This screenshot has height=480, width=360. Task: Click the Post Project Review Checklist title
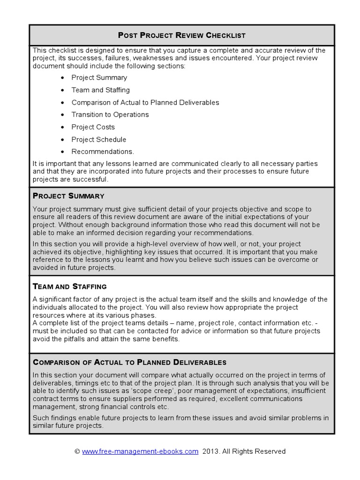pyautogui.click(x=181, y=35)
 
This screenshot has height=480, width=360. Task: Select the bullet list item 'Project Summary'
pyautogui.click(x=99, y=78)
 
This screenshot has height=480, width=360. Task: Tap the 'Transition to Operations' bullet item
pyautogui.click(x=110, y=114)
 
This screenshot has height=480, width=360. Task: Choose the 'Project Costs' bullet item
pyautogui.click(x=93, y=127)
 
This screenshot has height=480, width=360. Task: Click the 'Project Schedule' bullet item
pyautogui.click(x=98, y=139)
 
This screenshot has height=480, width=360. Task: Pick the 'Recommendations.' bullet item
pyautogui.click(x=103, y=151)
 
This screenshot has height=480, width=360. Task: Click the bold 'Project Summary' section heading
pyautogui.click(x=68, y=195)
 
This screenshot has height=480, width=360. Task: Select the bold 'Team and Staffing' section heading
pyautogui.click(x=69, y=286)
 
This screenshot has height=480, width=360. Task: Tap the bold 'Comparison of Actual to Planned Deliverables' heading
pyautogui.click(x=129, y=362)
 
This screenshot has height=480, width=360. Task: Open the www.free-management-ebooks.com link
pyautogui.click(x=140, y=451)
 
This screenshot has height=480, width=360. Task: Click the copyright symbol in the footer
pyautogui.click(x=77, y=451)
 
